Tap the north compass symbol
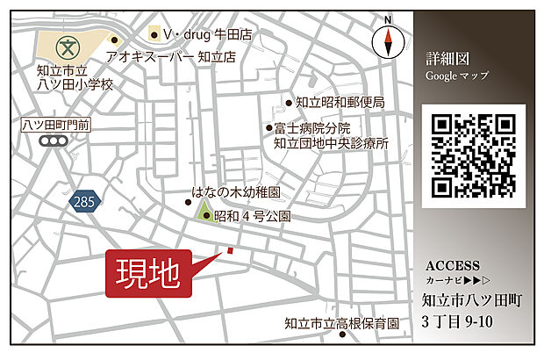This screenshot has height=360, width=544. click(386, 40)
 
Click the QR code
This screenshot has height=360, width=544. click(472, 155)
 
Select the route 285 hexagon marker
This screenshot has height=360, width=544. click(83, 203)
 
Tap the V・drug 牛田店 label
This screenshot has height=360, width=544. click(207, 35)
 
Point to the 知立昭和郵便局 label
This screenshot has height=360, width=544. click(340, 103)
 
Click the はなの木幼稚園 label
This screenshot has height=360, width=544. click(236, 191)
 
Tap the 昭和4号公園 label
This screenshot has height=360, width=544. click(252, 215)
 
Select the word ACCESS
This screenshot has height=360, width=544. click(452, 266)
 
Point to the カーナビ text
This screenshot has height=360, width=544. click(443, 283)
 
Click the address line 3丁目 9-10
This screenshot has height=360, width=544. click(458, 320)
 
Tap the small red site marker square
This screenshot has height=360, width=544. click(230, 251)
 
